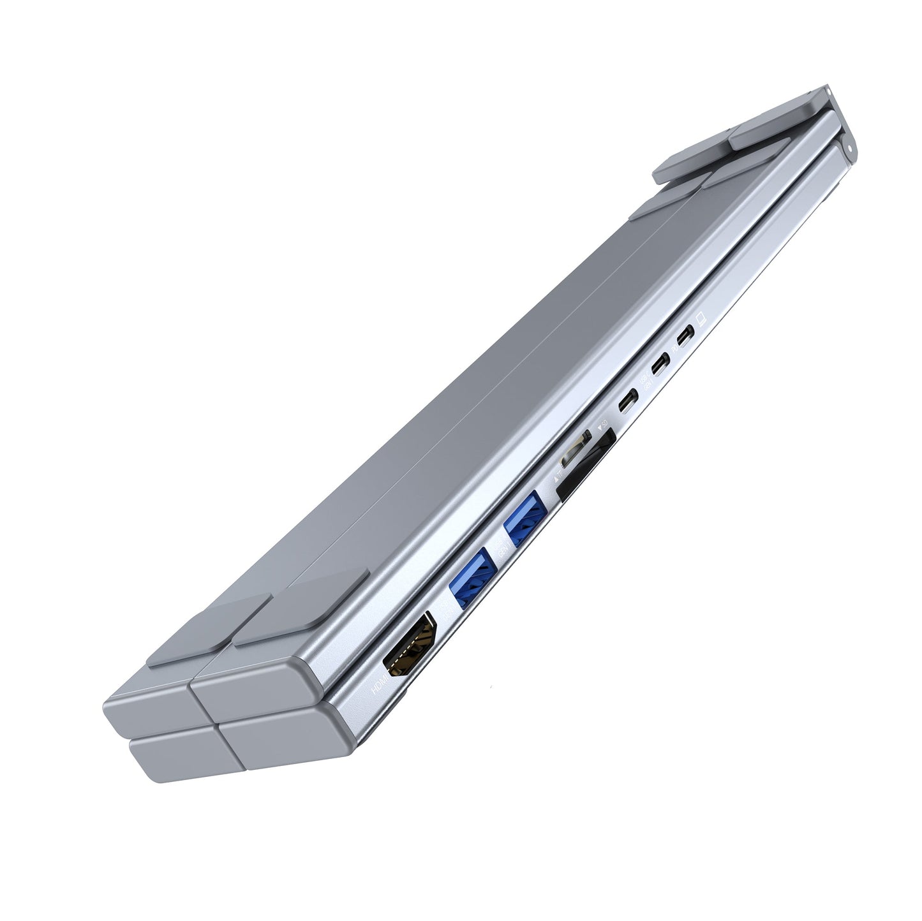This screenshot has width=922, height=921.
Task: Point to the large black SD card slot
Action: pyautogui.click(x=586, y=464)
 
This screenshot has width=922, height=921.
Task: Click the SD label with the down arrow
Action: pyautogui.click(x=600, y=423)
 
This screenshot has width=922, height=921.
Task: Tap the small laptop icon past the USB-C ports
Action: pyautogui.click(x=703, y=317)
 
